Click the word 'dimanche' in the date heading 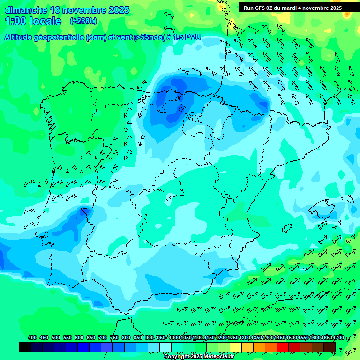tap(26, 10)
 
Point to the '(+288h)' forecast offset tap(83, 21)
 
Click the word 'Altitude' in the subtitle tap(20, 37)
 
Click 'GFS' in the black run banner tap(260, 7)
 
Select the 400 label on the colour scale tap(32, 337)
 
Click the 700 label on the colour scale tap(103, 337)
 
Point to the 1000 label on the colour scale tap(174, 337)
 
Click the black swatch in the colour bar tap(25, 347)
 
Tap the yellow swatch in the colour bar tap(236, 347)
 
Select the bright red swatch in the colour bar tap(283, 347)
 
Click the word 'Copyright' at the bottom tap(176, 357)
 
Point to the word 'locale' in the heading tap(45, 21)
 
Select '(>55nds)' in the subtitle tap(146, 37)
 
